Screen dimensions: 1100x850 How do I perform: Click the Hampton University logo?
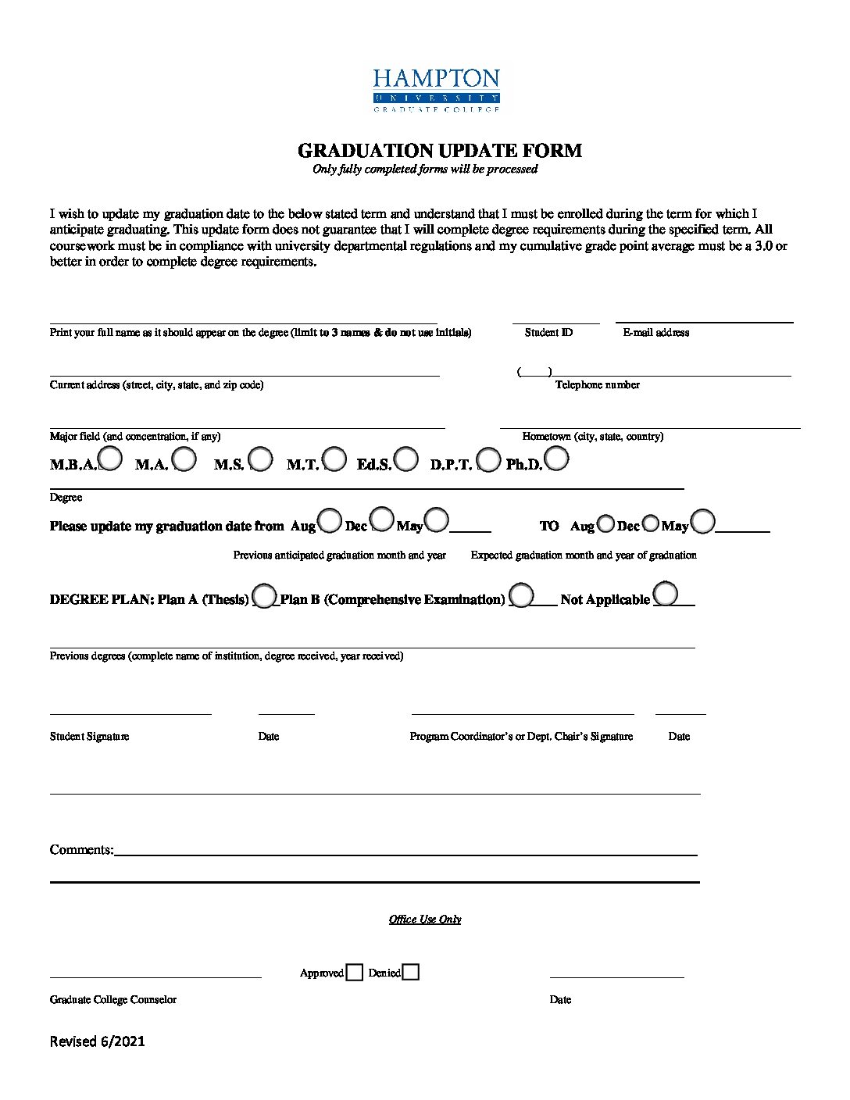(x=436, y=90)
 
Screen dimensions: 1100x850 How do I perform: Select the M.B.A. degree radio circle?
(x=110, y=459)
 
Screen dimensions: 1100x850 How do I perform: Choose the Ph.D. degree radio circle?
(x=556, y=459)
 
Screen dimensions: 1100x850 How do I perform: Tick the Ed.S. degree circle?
(x=406, y=459)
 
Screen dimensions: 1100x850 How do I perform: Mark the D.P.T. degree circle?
(x=488, y=459)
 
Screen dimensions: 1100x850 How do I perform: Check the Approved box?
(x=355, y=973)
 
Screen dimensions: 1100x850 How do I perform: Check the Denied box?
(x=411, y=973)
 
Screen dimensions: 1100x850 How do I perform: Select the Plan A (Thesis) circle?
(x=264, y=596)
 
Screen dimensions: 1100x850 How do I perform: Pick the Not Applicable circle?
(x=666, y=594)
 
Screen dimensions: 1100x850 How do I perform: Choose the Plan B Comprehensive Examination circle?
(x=521, y=595)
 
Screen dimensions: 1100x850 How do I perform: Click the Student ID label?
(x=548, y=333)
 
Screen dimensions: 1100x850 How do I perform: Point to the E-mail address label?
(x=655, y=333)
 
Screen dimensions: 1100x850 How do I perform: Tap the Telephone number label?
(x=597, y=385)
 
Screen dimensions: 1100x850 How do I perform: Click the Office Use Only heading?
(x=425, y=920)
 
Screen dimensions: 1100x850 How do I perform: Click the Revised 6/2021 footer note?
(x=97, y=1041)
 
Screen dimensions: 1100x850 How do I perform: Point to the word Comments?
(x=81, y=850)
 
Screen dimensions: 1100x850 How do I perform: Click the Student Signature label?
(x=89, y=737)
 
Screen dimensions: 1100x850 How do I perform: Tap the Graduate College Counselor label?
(x=112, y=1000)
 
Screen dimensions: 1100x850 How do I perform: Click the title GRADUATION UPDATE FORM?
(x=439, y=151)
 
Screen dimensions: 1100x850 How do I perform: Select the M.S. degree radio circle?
(x=261, y=459)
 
